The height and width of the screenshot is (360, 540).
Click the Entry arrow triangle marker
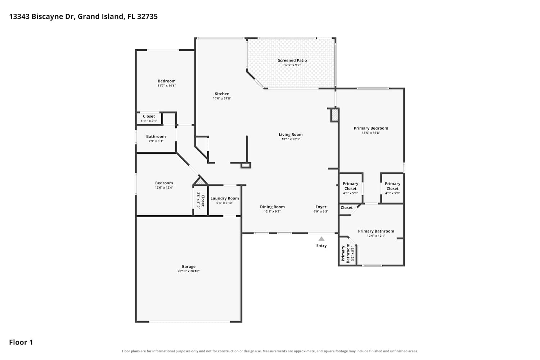(321, 239)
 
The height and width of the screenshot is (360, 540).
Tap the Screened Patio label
(292, 60)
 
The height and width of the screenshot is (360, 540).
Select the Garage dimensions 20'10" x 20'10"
(189, 271)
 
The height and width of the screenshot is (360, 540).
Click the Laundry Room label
(225, 198)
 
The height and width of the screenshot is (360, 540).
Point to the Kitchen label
(222, 94)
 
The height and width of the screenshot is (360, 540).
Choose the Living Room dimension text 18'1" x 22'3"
(291, 139)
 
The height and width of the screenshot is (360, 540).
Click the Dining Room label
(272, 207)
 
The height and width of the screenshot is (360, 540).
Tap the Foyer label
(321, 207)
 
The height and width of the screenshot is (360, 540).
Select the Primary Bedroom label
(371, 128)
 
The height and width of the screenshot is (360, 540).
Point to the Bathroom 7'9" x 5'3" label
(156, 136)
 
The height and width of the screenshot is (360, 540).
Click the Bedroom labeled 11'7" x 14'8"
(167, 81)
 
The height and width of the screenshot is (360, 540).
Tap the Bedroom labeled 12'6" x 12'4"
(164, 183)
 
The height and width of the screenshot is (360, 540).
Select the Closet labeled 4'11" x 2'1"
(149, 116)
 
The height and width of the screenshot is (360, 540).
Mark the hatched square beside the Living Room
(334, 115)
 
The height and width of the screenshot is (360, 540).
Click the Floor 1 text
(21, 342)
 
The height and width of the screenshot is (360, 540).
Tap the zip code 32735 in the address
(147, 17)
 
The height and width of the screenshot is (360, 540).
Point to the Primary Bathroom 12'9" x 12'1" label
(376, 231)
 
